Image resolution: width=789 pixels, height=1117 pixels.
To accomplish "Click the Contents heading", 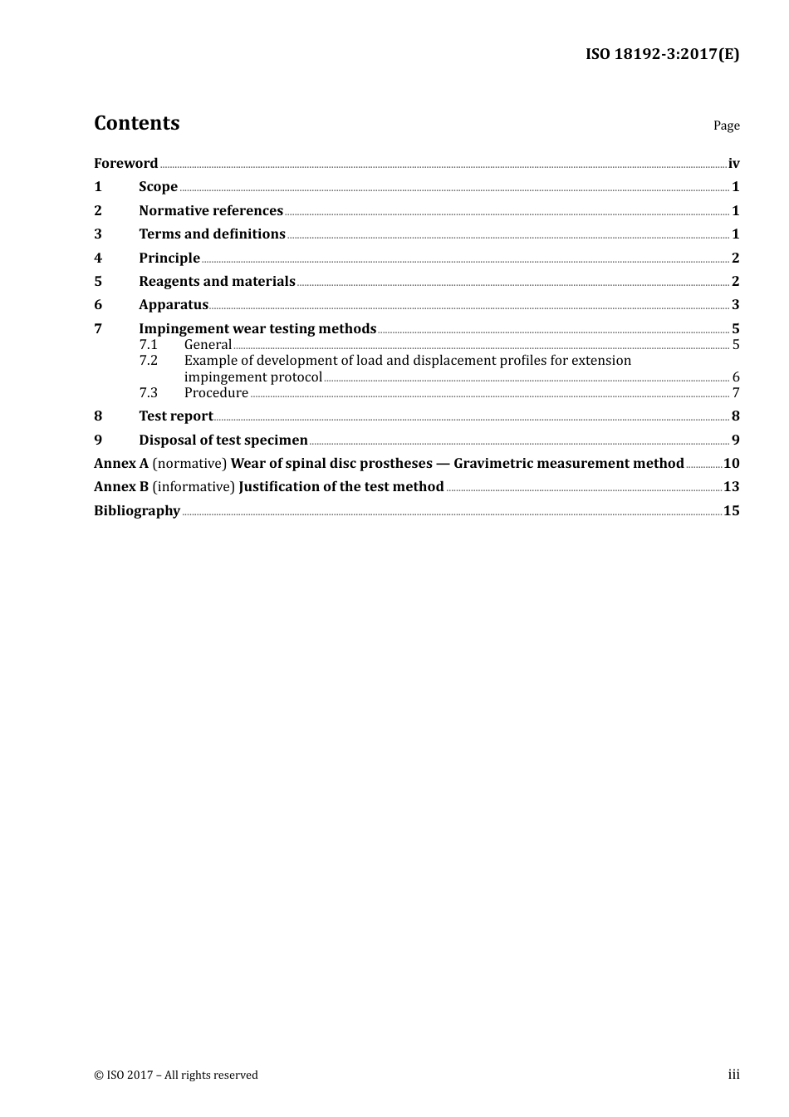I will click(136, 123).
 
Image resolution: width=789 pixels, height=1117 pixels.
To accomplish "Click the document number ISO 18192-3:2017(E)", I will click(662, 54).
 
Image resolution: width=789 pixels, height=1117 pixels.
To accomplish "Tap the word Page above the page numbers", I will click(726, 125).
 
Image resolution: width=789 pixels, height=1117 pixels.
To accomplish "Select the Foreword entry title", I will click(125, 164).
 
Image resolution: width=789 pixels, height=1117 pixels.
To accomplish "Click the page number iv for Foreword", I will click(733, 164).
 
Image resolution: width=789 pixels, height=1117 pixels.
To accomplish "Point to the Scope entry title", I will click(158, 187).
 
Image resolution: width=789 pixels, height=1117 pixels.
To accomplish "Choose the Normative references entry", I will click(211, 211).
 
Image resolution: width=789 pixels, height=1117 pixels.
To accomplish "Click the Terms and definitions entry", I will click(212, 234).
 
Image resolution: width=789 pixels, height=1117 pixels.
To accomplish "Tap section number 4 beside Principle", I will click(98, 258).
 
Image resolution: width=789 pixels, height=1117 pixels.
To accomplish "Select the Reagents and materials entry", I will click(217, 282).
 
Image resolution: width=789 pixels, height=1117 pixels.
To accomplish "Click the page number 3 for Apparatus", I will click(735, 305).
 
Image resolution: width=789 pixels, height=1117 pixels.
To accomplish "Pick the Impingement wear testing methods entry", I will click(257, 329).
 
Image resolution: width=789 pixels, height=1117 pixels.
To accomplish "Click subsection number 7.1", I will click(148, 345).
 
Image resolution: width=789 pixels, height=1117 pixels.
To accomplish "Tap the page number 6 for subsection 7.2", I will click(736, 377).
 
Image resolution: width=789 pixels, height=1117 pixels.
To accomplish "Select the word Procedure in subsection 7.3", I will click(216, 393).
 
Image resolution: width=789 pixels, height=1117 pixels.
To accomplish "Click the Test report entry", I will click(176, 416).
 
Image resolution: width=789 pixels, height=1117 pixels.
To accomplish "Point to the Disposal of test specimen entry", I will click(223, 440).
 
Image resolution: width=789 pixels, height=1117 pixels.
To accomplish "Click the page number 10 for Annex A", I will click(731, 464).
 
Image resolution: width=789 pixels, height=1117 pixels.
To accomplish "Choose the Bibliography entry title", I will click(137, 511).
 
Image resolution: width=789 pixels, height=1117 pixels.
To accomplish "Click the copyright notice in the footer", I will click(176, 1075).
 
